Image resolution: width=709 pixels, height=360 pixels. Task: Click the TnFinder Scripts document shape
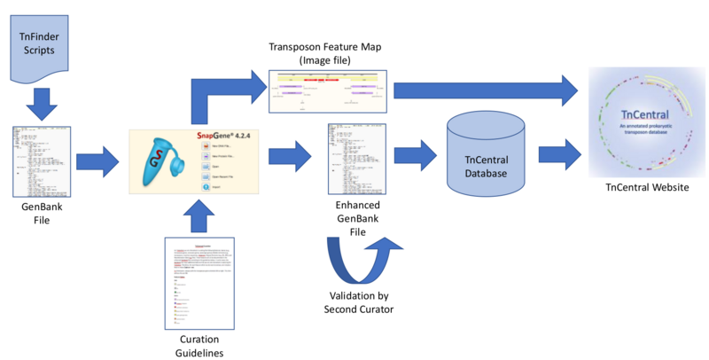pyautogui.click(x=43, y=45)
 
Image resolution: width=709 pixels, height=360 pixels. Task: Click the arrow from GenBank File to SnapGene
pyautogui.click(x=98, y=162)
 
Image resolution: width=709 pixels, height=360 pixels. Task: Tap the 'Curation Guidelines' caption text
pyautogui.click(x=199, y=345)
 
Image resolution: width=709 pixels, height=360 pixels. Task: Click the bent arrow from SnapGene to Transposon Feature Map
pyautogui.click(x=217, y=96)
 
